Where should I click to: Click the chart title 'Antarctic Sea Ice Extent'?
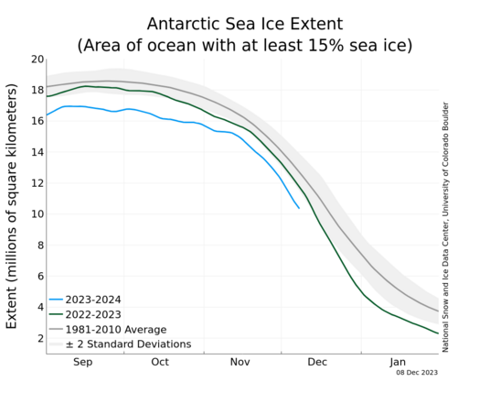tap(245, 24)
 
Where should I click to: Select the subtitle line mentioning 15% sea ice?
tap(245, 45)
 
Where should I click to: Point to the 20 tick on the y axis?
tap(37, 59)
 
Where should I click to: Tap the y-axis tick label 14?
tap(37, 152)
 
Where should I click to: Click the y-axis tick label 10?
tap(37, 213)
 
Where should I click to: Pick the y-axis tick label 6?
tap(40, 276)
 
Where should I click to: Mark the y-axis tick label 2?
tap(40, 338)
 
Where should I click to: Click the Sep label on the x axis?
tap(83, 363)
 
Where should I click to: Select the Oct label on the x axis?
tap(160, 362)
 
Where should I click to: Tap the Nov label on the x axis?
tap(240, 362)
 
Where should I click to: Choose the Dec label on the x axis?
tap(317, 362)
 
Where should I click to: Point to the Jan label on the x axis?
tap(398, 362)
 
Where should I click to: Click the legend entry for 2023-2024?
tap(85, 300)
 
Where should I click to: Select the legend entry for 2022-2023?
tap(85, 314)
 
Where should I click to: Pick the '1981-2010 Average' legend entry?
tap(108, 330)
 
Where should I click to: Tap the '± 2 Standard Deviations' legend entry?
tap(121, 344)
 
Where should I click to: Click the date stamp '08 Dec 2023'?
tap(417, 373)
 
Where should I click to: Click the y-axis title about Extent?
tap(11, 206)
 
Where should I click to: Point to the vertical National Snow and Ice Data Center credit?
tap(445, 227)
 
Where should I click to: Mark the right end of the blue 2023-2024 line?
tap(299, 208)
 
